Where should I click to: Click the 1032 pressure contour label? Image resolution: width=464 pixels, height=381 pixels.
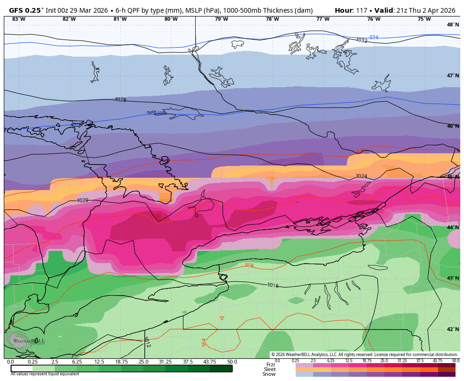pos(361,41)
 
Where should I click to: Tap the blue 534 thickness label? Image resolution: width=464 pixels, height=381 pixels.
pos(373,38)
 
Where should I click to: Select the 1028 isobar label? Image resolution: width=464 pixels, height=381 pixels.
pos(121,99)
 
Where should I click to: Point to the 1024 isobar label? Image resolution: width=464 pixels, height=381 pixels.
pos(361,176)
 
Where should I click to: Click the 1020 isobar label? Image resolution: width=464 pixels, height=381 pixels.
pos(83,200)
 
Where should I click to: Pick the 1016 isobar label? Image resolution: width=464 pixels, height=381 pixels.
pos(273,285)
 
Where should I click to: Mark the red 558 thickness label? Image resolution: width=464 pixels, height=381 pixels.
pos(249,265)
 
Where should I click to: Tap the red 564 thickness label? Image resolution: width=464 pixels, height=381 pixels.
pos(204,342)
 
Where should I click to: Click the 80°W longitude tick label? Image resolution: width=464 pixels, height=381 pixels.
pos(171,19)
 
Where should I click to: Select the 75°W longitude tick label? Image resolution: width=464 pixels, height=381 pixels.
pos(424,19)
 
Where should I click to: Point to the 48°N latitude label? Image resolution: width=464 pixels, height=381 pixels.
pos(453,25)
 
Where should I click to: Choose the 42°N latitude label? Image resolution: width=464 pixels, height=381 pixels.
pos(453,329)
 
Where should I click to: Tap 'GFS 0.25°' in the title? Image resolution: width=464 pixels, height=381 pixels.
pos(26,10)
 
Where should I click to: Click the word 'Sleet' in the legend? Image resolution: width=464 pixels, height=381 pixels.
pos(270,369)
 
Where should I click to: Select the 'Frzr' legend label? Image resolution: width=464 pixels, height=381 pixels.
pos(271,364)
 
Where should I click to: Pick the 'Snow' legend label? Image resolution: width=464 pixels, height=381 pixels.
pos(269,374)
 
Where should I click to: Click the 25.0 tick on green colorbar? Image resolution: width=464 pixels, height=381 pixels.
pos(143,362)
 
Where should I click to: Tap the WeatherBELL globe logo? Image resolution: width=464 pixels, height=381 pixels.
pos(17,339)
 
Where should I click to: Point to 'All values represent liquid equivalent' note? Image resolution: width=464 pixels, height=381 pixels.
pos(45,374)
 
